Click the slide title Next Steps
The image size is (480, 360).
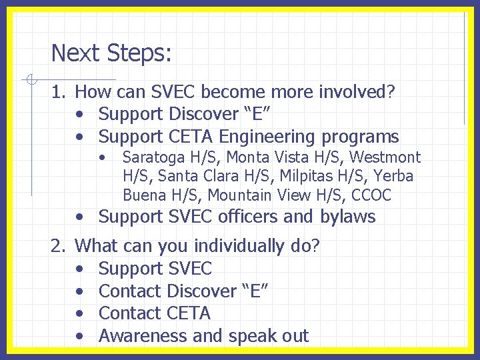[x=111, y=53]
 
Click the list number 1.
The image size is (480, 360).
[x=59, y=91]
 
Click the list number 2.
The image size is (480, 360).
[x=59, y=246]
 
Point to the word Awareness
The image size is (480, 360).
[x=143, y=336]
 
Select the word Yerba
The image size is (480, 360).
[x=393, y=177]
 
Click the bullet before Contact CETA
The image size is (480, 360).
[x=80, y=313]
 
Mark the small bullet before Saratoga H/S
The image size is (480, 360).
[x=103, y=158]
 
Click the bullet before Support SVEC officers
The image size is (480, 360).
[x=80, y=217]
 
